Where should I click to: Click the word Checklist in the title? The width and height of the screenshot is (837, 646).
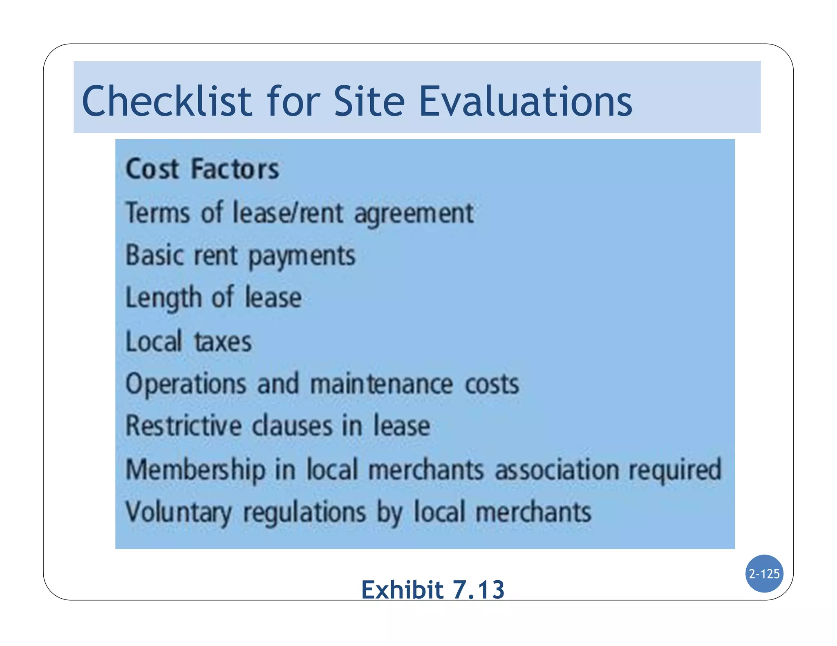point(167,101)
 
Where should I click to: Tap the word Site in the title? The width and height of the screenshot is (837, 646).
point(369,101)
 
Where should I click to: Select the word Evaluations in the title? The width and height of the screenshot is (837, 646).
point(526,101)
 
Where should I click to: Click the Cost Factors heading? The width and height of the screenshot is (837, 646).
point(202,169)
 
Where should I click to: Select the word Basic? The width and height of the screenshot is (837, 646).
point(155,255)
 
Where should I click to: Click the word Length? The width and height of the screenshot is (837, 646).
point(163,298)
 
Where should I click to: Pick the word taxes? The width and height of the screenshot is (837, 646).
point(223,342)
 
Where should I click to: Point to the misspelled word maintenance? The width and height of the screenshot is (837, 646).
point(381,384)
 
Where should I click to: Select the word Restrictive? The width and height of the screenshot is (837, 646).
point(184,426)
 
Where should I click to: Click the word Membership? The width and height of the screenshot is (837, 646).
point(195,470)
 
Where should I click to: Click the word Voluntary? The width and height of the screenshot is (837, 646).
point(178,512)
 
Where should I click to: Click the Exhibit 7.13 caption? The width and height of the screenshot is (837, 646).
point(433,589)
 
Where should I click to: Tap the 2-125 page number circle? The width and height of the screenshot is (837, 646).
point(764,574)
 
